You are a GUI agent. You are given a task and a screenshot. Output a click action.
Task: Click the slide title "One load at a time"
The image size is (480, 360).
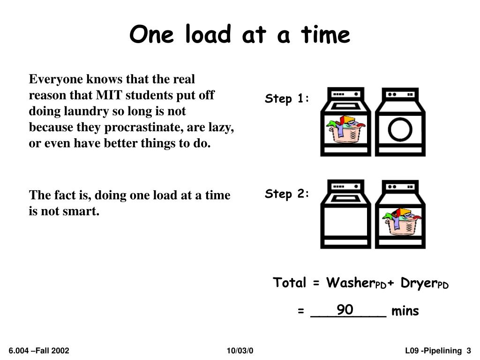click(240, 35)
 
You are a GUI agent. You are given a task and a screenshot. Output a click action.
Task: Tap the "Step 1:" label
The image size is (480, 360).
click(287, 99)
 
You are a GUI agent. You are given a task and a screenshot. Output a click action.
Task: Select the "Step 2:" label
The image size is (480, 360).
click(287, 194)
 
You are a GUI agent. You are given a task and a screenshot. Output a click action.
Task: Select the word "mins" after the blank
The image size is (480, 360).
click(405, 311)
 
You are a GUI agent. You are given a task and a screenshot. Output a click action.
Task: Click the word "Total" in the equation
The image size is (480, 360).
click(290, 283)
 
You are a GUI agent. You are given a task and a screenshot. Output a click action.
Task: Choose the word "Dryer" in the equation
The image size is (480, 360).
click(419, 283)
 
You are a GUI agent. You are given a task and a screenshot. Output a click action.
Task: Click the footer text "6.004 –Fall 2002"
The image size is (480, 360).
click(39, 351)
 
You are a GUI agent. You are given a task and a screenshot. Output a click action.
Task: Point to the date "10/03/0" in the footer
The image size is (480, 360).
click(240, 351)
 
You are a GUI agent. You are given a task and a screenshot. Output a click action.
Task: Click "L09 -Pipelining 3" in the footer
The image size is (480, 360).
click(438, 351)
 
